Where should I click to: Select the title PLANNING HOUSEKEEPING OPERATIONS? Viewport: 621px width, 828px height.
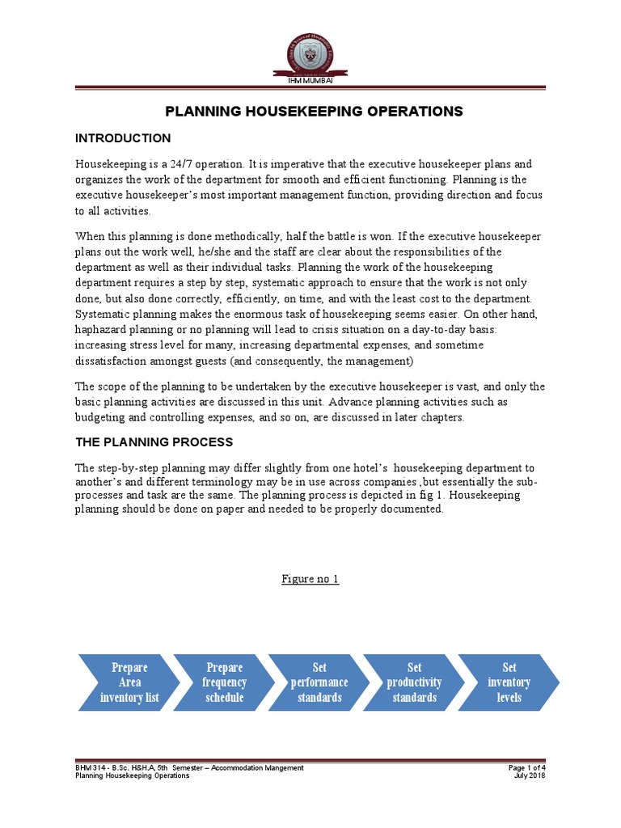[x=314, y=111]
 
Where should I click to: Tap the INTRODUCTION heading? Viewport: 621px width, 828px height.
[x=123, y=138]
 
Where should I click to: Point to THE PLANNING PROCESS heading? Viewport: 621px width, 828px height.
[x=154, y=442]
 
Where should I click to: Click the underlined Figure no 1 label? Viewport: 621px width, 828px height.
[x=310, y=579]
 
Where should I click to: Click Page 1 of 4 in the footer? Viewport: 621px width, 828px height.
[x=526, y=767]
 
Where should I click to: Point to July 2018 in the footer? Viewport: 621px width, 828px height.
[x=530, y=775]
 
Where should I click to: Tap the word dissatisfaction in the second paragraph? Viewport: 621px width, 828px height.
[x=112, y=360]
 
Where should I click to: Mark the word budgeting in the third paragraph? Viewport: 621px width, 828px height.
[x=102, y=417]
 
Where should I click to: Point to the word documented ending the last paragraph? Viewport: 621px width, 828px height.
[x=415, y=509]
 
